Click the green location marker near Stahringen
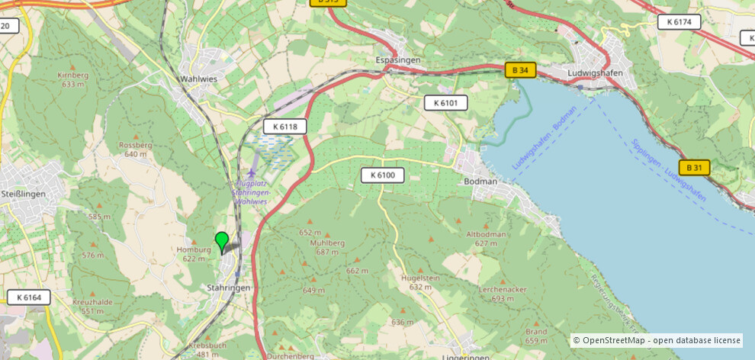222,242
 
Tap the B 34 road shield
520,70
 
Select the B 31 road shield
694,167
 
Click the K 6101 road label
445,102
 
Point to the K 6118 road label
285,127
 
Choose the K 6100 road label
382,175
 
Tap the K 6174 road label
679,22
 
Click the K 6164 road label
29,297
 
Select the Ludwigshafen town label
596,73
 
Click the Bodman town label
480,182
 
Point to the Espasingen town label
398,59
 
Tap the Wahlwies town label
199,79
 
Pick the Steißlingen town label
23,194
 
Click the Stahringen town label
229,288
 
